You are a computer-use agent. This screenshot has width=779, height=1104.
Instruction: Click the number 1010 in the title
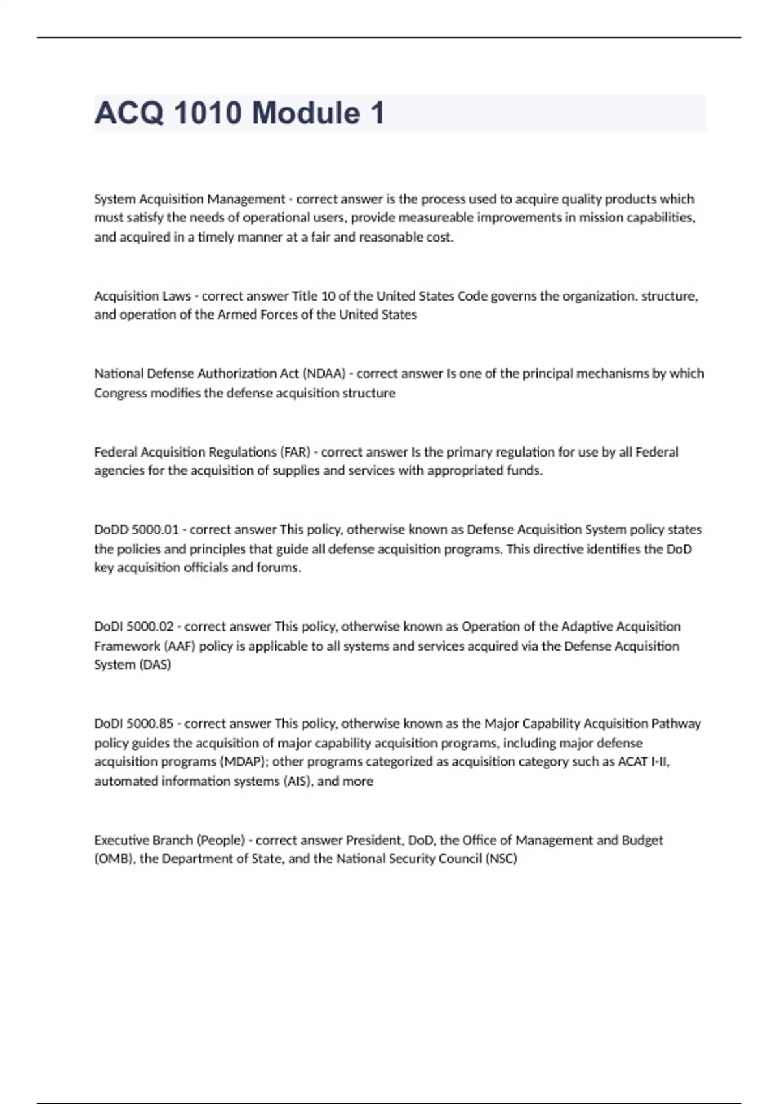tap(208, 113)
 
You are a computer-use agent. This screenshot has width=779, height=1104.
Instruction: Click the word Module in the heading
tap(306, 113)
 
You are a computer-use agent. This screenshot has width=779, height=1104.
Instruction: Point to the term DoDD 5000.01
tap(136, 529)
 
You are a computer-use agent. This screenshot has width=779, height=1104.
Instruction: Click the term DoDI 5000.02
tap(134, 627)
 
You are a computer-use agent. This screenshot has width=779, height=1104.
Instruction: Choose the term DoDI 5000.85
tap(134, 723)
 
